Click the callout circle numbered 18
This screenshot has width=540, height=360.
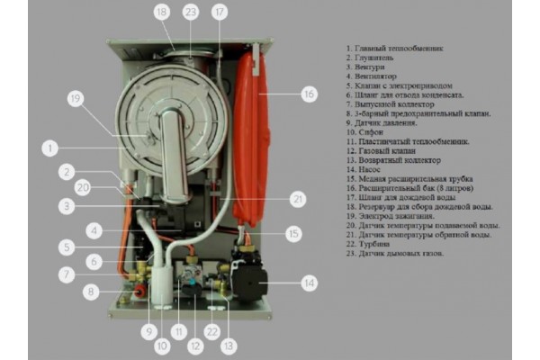(162, 13)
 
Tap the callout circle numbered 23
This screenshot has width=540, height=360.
(190, 13)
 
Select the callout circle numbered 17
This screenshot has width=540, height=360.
(219, 13)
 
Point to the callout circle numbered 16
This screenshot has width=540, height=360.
(309, 93)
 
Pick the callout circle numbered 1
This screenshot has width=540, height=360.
(51, 146)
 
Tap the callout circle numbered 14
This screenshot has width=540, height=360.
(310, 283)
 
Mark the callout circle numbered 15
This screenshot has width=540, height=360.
(293, 233)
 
